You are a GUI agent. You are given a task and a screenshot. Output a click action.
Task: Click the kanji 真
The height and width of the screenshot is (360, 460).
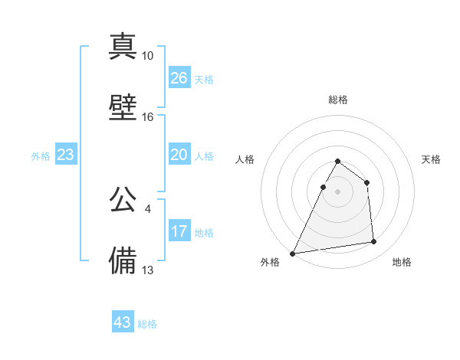coord(123,46)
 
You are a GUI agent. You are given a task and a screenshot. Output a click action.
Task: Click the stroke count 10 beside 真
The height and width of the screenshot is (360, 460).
coord(147,56)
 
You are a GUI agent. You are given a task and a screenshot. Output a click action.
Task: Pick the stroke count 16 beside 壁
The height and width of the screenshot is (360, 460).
coord(147,117)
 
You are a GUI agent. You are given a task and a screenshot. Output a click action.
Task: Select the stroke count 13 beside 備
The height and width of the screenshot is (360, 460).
coord(147,270)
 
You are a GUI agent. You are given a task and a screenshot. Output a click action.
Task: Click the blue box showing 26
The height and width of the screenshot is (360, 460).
coord(179,78)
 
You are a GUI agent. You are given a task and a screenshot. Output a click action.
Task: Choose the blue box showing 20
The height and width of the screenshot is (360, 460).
coord(179,155)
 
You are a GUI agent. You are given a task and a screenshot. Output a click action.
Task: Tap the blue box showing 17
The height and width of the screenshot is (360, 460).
coord(179,231)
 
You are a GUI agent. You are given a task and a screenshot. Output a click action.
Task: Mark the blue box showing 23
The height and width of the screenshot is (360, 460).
coord(66,155)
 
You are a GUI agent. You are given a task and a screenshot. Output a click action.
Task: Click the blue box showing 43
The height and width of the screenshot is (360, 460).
coord(123,322)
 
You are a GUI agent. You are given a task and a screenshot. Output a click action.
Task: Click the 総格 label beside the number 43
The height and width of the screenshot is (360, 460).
coord(147,324)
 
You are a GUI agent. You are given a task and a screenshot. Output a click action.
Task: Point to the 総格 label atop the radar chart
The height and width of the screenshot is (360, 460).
coord(337,100)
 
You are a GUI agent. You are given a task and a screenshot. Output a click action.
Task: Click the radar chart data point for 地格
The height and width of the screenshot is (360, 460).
coord(374,242)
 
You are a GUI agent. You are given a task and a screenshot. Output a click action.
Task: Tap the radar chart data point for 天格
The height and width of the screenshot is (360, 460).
coord(367,182)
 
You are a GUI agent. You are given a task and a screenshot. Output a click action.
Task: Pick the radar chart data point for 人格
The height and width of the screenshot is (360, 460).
coord(323,187)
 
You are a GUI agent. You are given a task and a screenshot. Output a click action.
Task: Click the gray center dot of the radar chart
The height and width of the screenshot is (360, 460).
coord(337,191)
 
